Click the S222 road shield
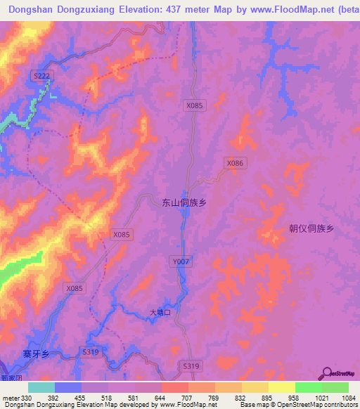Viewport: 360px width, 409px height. [x=42, y=75]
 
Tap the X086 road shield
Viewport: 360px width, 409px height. [x=235, y=162]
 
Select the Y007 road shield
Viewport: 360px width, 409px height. [x=180, y=261]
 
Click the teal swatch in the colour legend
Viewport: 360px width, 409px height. [x=41, y=387]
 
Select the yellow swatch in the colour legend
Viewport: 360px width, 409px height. [x=281, y=387]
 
